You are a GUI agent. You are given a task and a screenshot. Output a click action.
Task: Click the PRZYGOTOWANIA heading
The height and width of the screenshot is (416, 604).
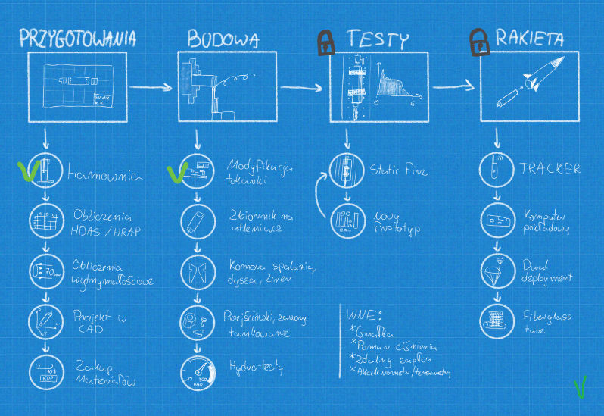[x=78, y=38]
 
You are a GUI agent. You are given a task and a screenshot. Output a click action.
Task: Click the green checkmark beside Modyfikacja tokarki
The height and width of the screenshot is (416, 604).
[x=176, y=172]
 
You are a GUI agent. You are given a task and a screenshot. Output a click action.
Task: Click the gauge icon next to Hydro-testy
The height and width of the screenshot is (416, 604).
[x=197, y=371]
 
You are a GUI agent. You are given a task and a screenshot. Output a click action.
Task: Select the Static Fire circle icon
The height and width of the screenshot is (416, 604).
[x=346, y=170]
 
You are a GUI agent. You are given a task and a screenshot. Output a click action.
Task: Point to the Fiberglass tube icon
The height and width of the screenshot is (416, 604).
[x=496, y=321]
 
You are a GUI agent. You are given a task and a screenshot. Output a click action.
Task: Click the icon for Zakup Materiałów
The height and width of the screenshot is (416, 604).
[x=45, y=371]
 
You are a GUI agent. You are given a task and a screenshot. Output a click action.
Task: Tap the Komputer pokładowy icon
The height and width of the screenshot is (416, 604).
[x=496, y=221]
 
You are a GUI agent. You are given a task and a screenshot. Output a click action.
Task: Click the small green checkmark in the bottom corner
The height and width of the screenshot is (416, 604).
[x=580, y=389]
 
